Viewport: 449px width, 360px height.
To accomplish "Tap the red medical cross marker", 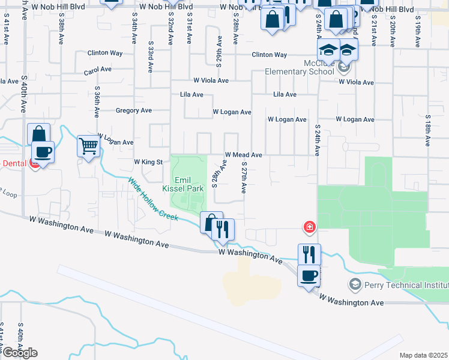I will (x=309, y=227).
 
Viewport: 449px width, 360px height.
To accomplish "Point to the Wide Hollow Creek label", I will (x=153, y=199).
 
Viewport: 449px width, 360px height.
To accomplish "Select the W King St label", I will (x=148, y=162).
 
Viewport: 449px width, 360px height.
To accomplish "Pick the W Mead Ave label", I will (x=243, y=155).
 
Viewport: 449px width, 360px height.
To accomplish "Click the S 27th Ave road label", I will (x=244, y=177).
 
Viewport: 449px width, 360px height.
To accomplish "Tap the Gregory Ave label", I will (x=133, y=110).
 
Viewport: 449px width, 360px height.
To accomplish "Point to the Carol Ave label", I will (x=98, y=70).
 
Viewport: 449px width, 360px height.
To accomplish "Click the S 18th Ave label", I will (x=429, y=130).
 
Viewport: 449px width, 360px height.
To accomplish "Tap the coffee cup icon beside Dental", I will (x=43, y=152).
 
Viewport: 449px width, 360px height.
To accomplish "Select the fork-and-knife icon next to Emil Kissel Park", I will (x=223, y=230).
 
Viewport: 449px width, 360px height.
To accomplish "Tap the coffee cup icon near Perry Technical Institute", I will (x=309, y=276).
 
